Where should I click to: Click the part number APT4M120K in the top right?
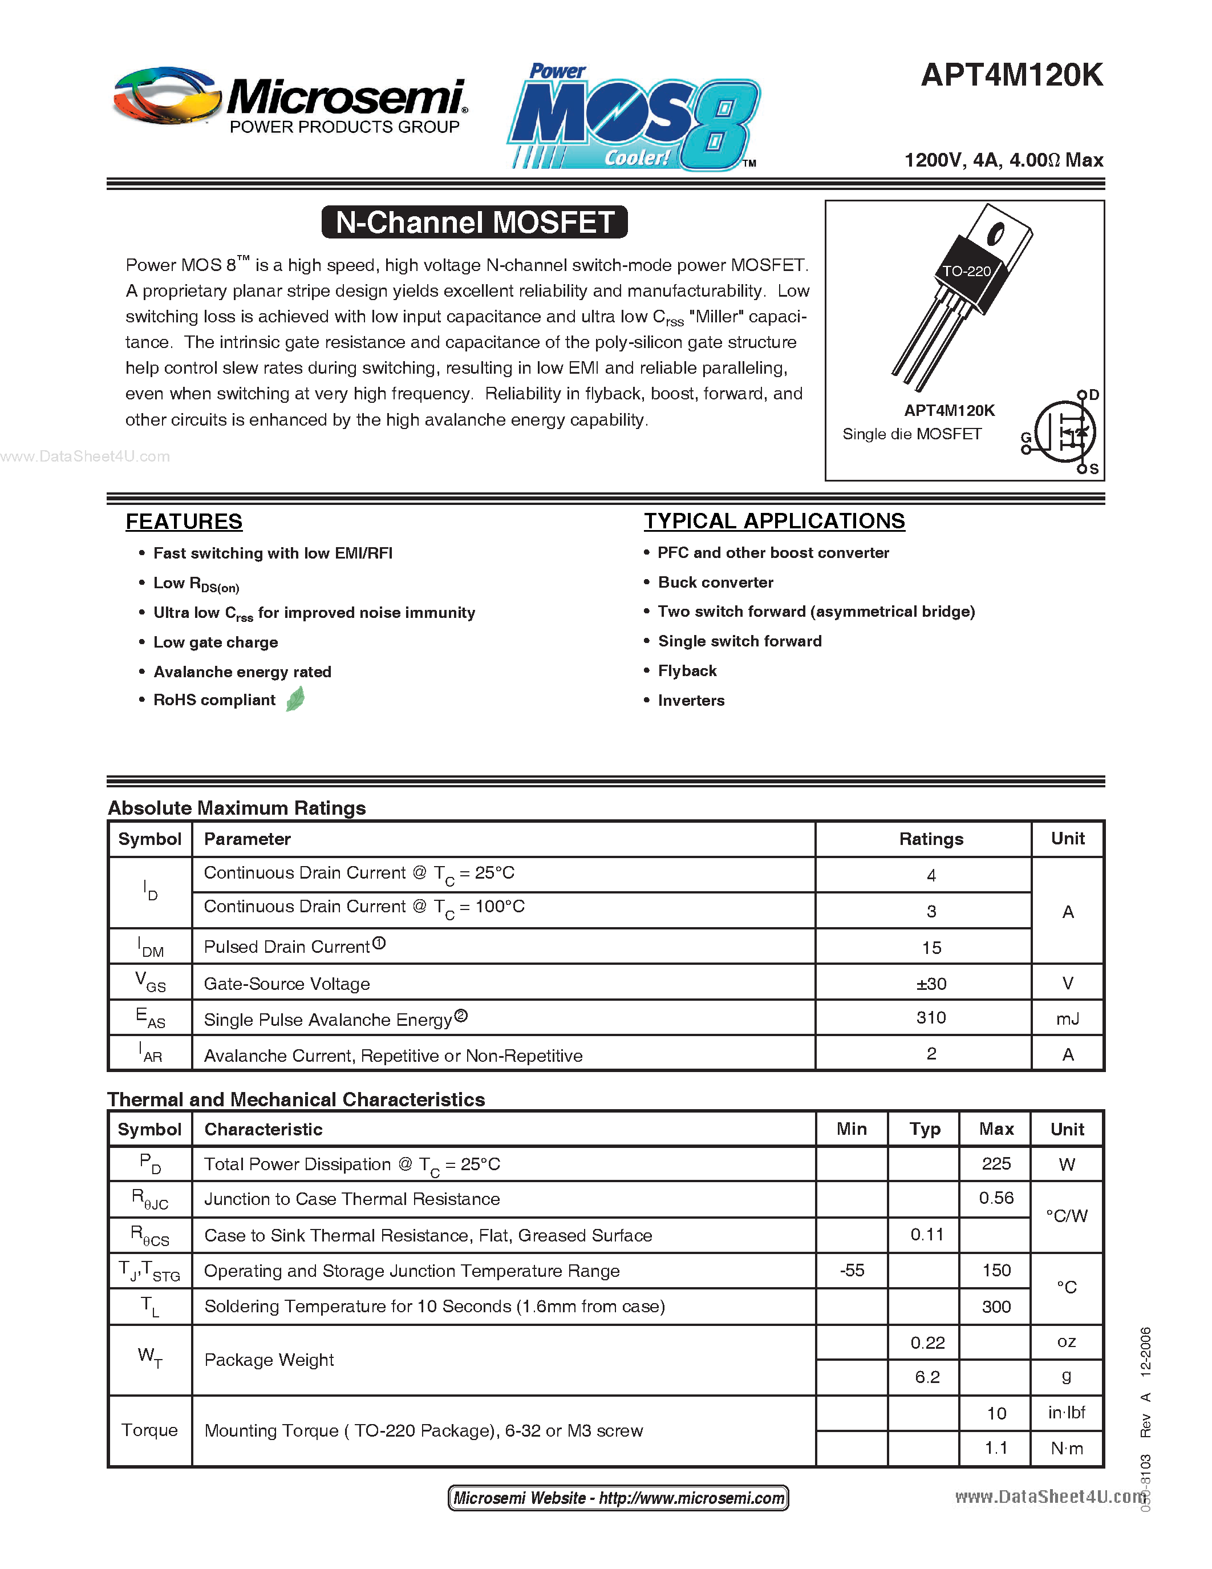coord(1011,75)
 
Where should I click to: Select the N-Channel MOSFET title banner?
coord(475,222)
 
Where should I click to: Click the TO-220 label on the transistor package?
coord(966,272)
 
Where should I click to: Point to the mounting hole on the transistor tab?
coord(995,233)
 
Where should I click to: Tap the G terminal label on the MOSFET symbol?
coord(1026,438)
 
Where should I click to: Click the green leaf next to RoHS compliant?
coord(295,699)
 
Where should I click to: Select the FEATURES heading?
coord(184,521)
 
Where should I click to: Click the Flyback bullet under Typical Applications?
coord(687,671)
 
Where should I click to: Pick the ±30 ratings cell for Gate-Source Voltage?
coord(931,984)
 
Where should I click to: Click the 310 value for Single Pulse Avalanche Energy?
coord(931,1018)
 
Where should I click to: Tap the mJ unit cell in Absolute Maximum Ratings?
coord(1067,1018)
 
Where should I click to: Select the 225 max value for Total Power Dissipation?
coord(996,1164)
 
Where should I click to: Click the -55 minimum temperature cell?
coord(852,1271)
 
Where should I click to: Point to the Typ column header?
coord(925,1129)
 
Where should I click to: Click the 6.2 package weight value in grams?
coord(927,1377)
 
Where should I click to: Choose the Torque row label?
coord(149,1430)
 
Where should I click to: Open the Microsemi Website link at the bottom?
coord(618,1498)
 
